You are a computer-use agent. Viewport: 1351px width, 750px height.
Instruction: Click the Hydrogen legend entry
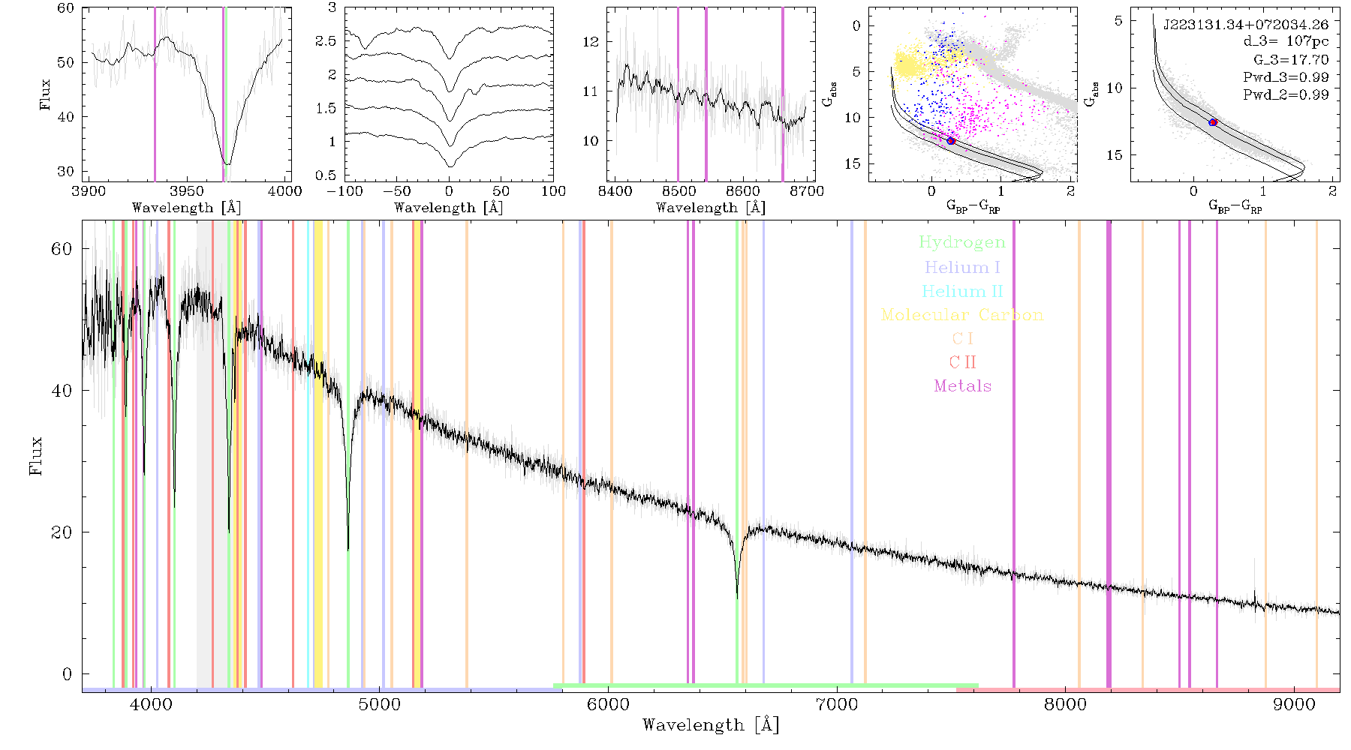click(x=962, y=242)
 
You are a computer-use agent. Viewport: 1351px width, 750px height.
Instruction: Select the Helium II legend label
click(x=962, y=291)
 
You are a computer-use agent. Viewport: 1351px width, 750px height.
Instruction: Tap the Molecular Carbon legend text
click(x=962, y=315)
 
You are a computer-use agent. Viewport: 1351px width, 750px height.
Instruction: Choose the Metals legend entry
click(x=962, y=386)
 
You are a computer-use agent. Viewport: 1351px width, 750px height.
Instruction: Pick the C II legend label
click(x=962, y=362)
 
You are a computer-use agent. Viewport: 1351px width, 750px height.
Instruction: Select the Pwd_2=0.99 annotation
click(x=1286, y=95)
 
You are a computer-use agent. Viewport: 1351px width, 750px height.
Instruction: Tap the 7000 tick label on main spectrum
click(x=837, y=704)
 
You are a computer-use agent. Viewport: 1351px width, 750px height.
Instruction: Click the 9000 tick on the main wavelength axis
click(x=1294, y=704)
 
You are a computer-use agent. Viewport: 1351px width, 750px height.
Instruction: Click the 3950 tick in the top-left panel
click(x=186, y=190)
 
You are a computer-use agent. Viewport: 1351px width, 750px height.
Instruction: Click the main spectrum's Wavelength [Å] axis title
click(x=711, y=725)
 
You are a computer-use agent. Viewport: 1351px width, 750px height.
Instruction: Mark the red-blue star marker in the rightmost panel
click(x=1213, y=121)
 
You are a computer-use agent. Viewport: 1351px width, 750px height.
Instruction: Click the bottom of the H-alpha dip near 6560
click(x=737, y=597)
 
